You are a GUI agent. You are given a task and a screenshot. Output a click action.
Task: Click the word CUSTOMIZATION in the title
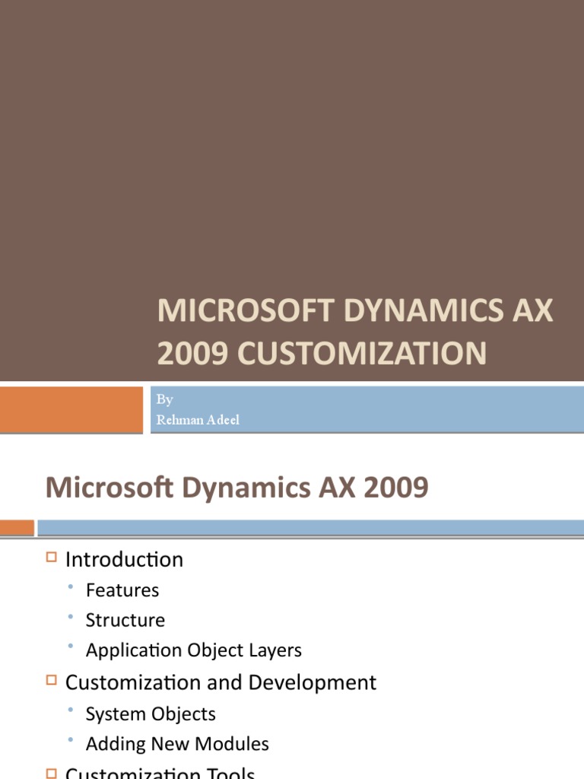pyautogui.click(x=360, y=354)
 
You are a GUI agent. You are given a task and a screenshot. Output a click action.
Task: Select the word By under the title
pyautogui.click(x=164, y=400)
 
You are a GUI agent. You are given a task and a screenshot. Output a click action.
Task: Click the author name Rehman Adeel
pyautogui.click(x=198, y=420)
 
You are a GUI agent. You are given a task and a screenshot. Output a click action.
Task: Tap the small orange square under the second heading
pyautogui.click(x=17, y=527)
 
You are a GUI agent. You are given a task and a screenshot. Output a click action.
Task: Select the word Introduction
pyautogui.click(x=124, y=560)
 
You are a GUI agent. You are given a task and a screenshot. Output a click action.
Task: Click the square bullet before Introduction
pyautogui.click(x=52, y=558)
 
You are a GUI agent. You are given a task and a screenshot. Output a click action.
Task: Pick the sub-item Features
pyautogui.click(x=122, y=590)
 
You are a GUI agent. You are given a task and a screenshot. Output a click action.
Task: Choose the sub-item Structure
pyautogui.click(x=125, y=620)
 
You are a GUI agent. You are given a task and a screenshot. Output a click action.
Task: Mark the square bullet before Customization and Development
pyautogui.click(x=52, y=680)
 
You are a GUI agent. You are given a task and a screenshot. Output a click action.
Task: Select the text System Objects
pyautogui.click(x=151, y=714)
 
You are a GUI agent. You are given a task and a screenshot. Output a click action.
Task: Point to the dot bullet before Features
pyautogui.click(x=71, y=587)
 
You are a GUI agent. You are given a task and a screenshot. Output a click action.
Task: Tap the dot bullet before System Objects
pyautogui.click(x=71, y=710)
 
